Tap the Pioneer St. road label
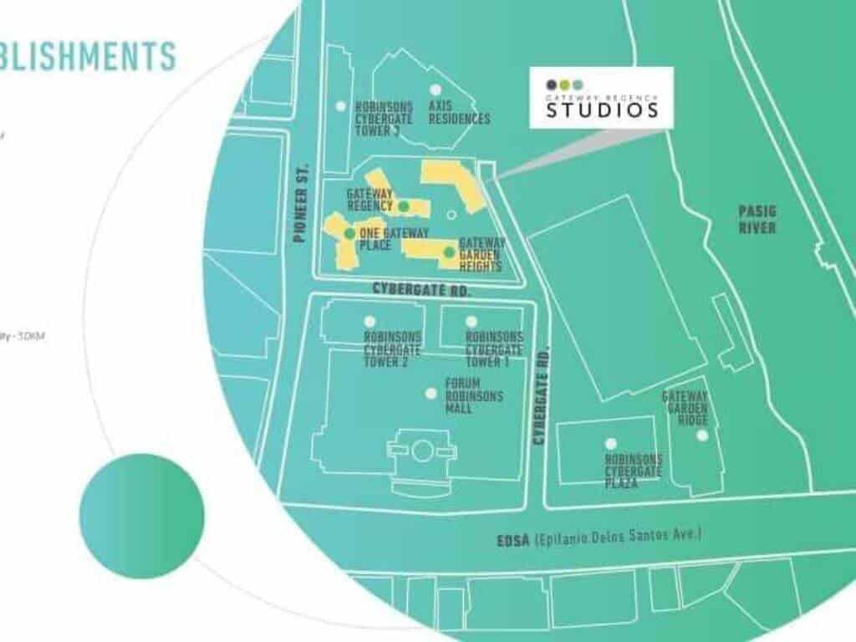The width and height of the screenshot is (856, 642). [302, 201]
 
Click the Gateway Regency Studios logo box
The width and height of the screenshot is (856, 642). [601, 98]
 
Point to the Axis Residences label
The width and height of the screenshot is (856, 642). [459, 113]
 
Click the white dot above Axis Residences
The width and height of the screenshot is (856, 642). [435, 89]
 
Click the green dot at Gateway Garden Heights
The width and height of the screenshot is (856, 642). [449, 252]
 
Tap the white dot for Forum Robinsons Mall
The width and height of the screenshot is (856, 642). [431, 393]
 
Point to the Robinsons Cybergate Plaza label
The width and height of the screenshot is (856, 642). [634, 471]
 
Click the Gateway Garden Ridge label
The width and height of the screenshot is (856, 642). [685, 409]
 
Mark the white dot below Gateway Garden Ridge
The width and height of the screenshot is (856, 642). [702, 436]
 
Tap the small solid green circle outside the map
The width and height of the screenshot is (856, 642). [141, 516]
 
